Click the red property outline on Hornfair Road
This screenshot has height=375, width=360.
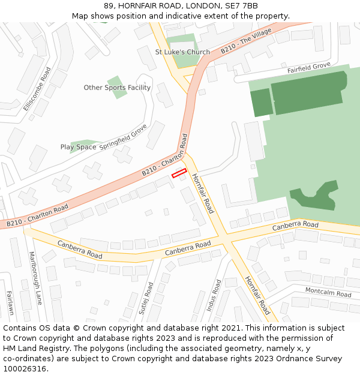[179, 173]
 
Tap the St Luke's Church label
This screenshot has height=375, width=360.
[182, 52]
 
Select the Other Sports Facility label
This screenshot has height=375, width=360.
[117, 88]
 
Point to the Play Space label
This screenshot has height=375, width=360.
[78, 147]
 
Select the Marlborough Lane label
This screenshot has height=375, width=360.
[35, 278]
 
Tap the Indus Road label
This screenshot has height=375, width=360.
[214, 295]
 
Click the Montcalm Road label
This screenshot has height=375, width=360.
[328, 292]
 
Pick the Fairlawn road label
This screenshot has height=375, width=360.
[10, 303]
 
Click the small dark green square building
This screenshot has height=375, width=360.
[261, 103]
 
